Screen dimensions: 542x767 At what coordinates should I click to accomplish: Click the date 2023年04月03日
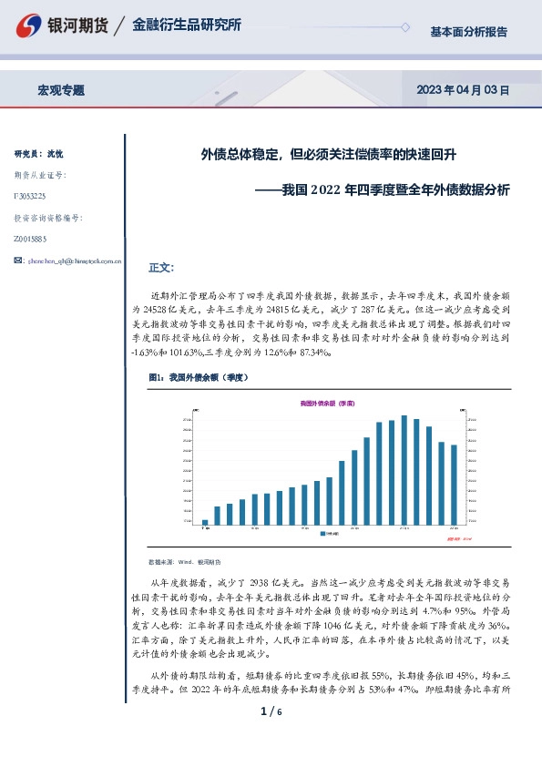pos(462,90)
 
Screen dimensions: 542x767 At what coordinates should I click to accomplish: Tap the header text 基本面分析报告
pos(468,31)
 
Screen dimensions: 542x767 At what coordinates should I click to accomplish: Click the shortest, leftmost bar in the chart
pos(205,522)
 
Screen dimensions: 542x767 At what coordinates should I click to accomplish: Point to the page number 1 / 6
pos(271,736)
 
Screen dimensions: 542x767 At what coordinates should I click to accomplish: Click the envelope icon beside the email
pos(19,261)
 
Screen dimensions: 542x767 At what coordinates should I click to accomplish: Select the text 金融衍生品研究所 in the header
pos(187,26)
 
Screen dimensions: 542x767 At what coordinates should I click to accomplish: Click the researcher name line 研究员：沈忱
pos(39,153)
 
